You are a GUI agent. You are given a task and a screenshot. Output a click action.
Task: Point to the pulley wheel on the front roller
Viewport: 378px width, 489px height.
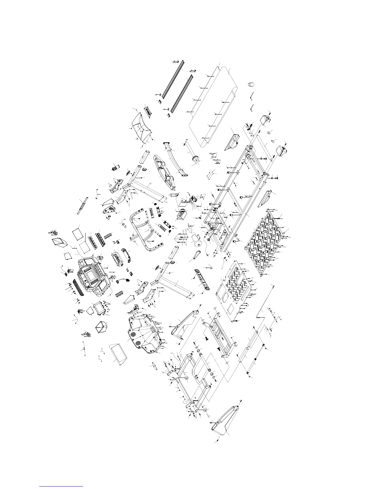click(195, 159)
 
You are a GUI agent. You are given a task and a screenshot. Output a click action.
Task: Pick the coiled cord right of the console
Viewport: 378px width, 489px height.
click(123, 281)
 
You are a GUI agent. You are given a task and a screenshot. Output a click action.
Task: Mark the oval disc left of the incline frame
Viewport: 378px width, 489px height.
click(151, 365)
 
